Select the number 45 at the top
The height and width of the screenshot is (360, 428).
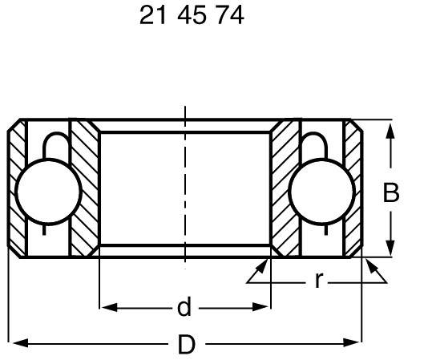(x=191, y=17)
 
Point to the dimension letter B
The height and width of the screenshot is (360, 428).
(x=390, y=193)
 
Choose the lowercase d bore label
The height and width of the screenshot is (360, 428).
(x=184, y=307)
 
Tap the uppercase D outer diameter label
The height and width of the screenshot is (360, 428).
(x=185, y=345)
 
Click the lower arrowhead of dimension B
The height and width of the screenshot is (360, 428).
(x=390, y=250)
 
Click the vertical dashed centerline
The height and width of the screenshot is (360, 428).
(x=184, y=192)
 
